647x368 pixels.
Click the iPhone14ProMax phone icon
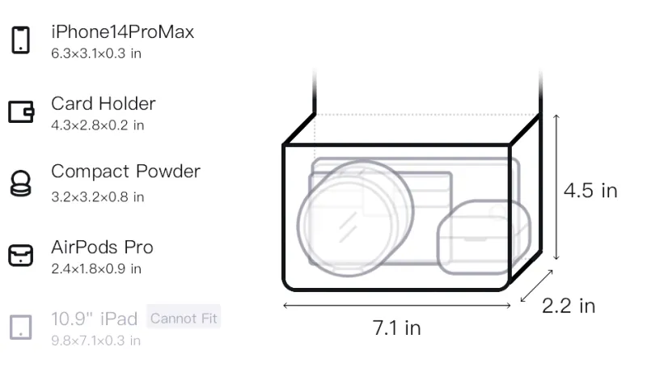pyautogui.click(x=21, y=40)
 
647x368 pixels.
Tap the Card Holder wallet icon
pyautogui.click(x=21, y=112)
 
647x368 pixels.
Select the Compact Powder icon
pyautogui.click(x=21, y=183)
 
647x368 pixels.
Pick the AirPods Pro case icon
pyautogui.click(x=21, y=256)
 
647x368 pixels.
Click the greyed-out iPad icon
pyautogui.click(x=21, y=328)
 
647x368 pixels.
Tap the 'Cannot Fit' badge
pyautogui.click(x=184, y=318)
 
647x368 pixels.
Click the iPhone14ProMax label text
pyautogui.click(x=123, y=32)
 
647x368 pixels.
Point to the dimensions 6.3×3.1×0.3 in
pyautogui.click(x=96, y=53)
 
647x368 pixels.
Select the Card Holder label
pyautogui.click(x=104, y=104)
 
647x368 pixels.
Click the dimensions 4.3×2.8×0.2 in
pyautogui.click(x=97, y=125)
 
